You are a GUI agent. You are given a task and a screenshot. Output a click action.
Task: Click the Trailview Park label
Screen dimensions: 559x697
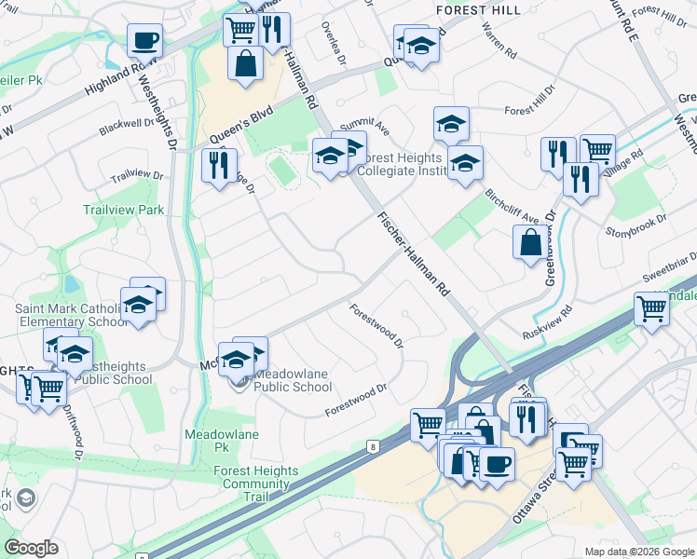tap(124, 211)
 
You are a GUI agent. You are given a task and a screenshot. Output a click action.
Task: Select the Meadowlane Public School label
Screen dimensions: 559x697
tap(292, 380)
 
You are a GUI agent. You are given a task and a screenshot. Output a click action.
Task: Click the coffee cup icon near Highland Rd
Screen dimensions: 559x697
tap(145, 40)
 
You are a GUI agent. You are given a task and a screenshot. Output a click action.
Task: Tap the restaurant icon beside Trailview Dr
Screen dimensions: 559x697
tap(218, 165)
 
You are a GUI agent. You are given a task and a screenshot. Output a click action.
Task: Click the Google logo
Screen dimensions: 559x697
tap(31, 548)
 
